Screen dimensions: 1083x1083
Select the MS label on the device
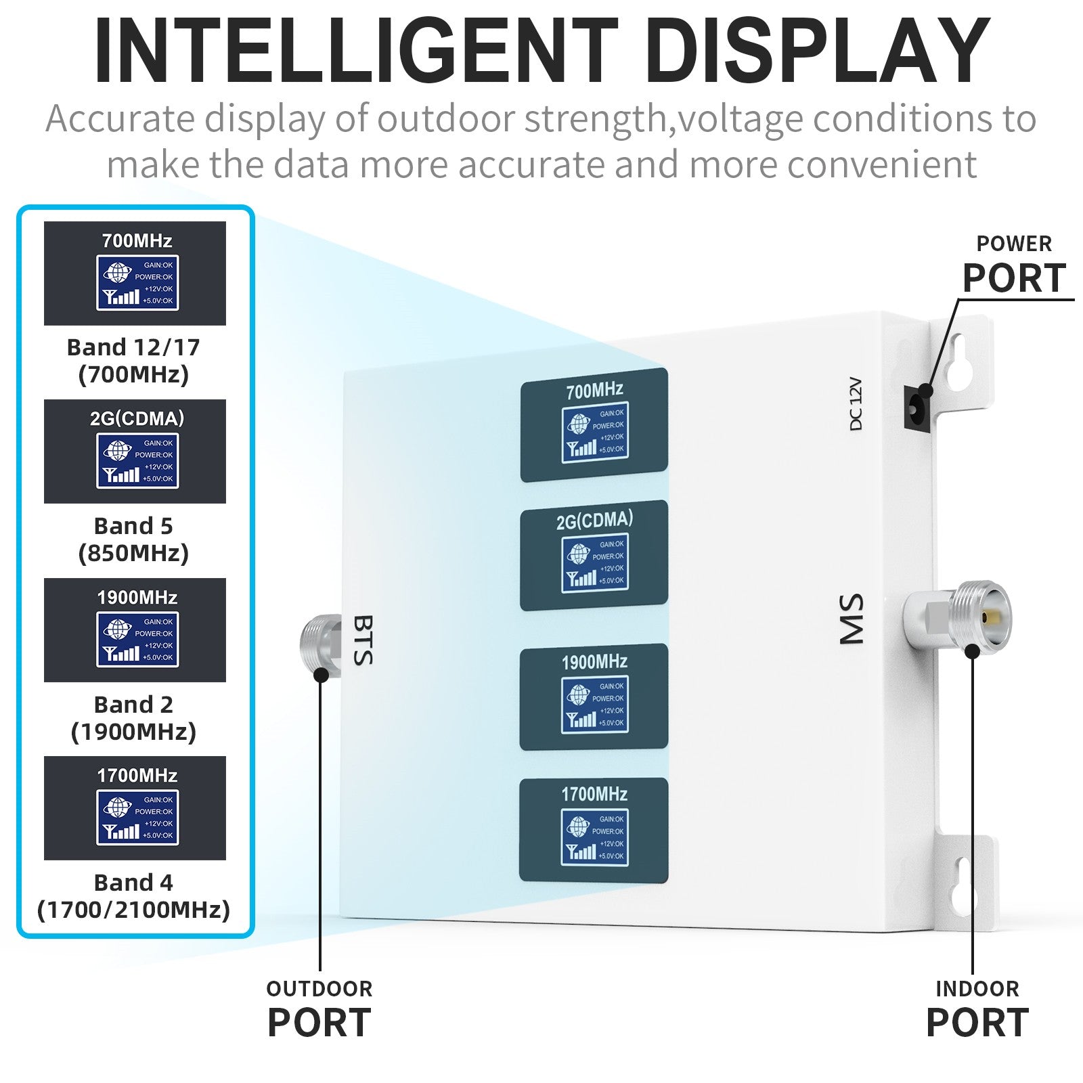pos(852,619)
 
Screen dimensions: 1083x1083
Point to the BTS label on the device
pos(363,640)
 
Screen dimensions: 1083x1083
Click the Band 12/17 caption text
pos(134,361)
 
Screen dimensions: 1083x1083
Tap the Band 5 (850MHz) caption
pos(134,539)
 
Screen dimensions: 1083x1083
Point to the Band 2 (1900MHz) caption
pos(134,718)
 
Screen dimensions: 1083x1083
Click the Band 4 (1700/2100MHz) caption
pos(134,896)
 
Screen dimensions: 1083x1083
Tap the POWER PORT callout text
pos(1014,266)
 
